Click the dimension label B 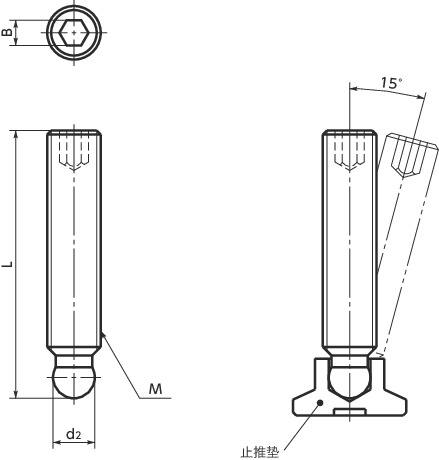[x=7, y=32]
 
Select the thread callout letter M [x=155, y=389]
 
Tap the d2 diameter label [x=74, y=434]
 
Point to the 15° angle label [x=391, y=83]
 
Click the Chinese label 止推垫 [x=259, y=452]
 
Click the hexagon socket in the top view [x=74, y=32]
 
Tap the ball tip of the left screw [x=74, y=382]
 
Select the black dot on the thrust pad [x=320, y=403]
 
